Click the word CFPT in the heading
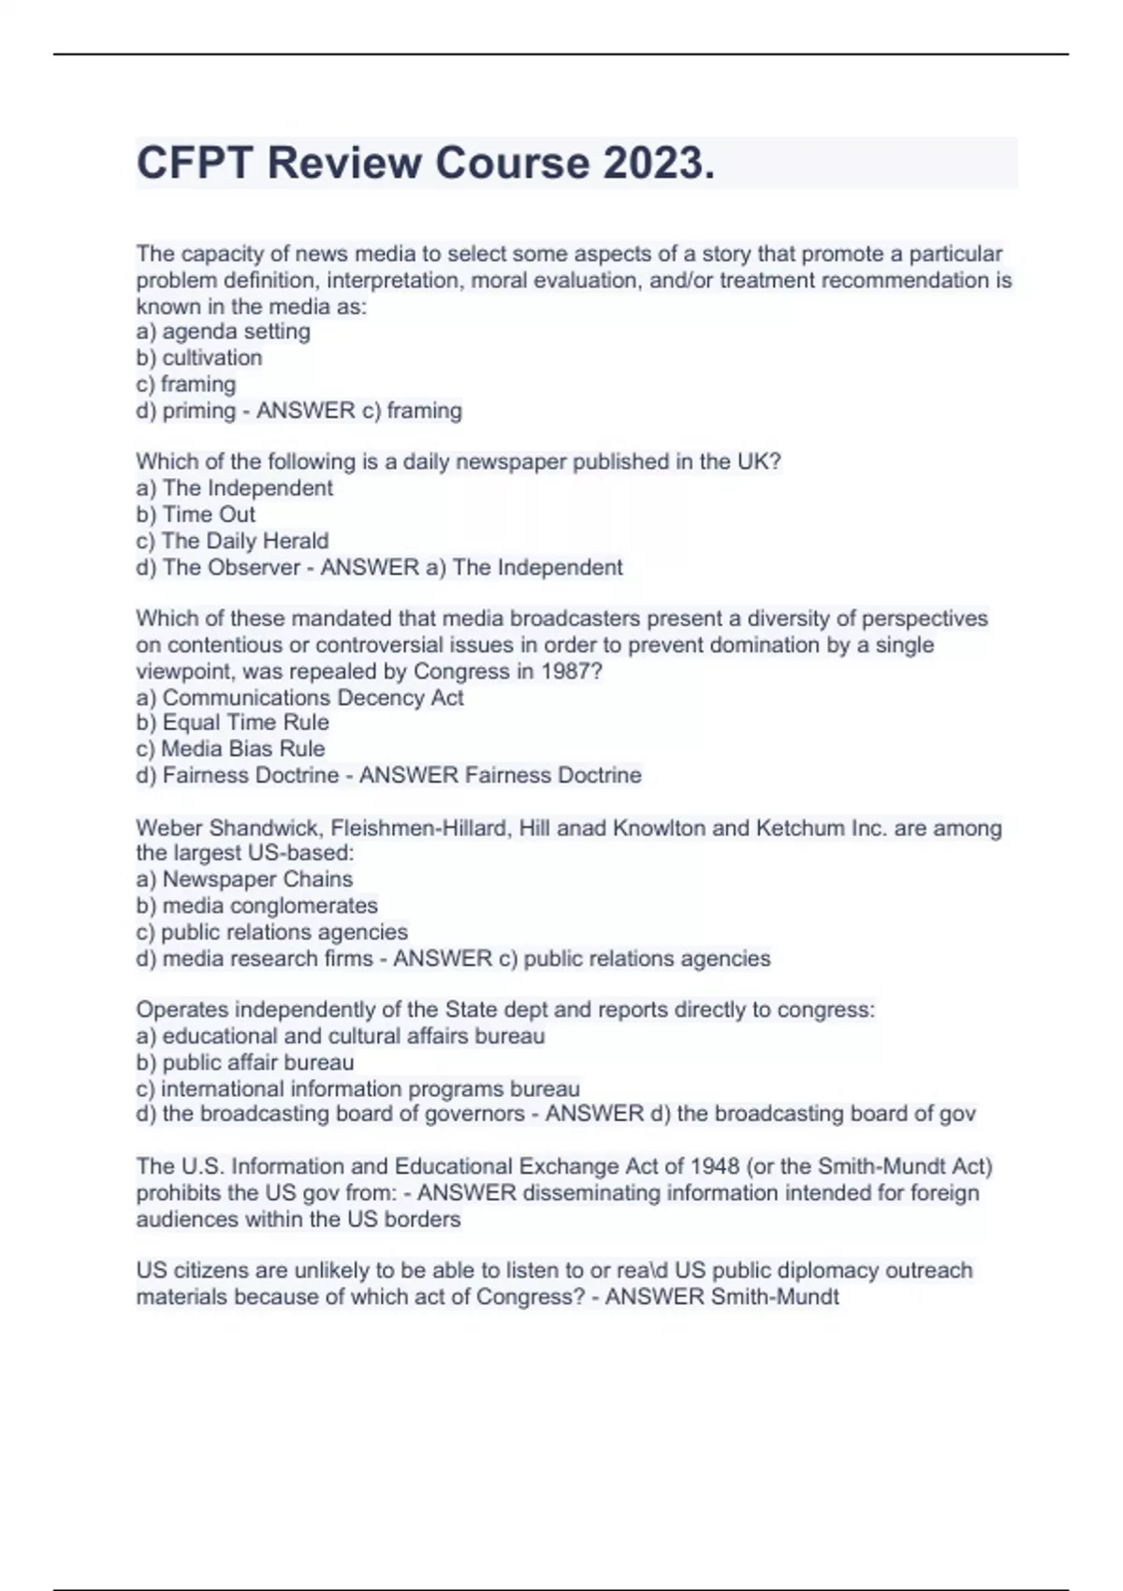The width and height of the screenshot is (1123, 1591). point(194,163)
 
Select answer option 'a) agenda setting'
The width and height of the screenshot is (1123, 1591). point(223,331)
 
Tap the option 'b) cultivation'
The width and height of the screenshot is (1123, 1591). point(198,358)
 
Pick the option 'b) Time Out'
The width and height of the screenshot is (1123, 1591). point(195,514)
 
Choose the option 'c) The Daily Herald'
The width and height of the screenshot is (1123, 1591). point(232,540)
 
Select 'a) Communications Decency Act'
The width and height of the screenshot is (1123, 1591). point(299,697)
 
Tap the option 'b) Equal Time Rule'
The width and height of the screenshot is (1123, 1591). point(232,723)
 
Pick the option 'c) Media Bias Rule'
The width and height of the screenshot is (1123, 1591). point(230,749)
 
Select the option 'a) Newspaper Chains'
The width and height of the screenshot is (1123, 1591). point(244,879)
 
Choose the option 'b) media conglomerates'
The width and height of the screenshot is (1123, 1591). point(256,905)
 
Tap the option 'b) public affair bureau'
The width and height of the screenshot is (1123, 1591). point(244,1062)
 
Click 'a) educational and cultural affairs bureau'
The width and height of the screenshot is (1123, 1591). point(340,1036)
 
